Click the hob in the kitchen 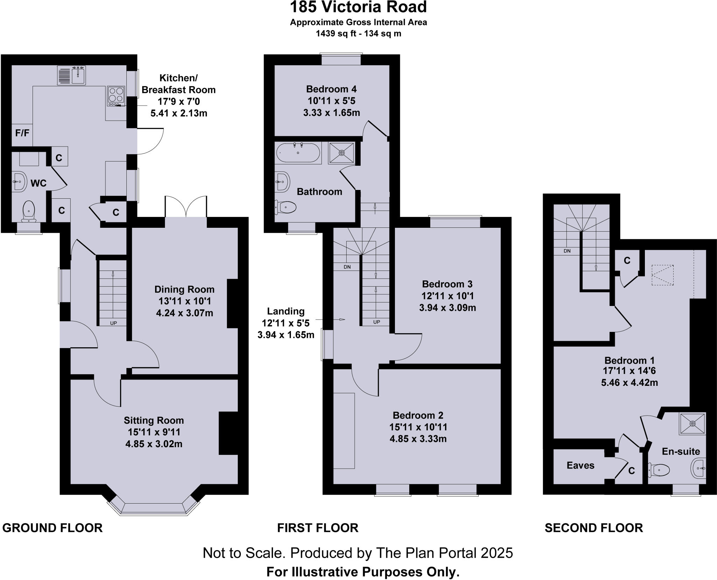116,95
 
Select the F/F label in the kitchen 22,133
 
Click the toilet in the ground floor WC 28,212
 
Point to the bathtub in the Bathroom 298,153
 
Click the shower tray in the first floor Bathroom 341,153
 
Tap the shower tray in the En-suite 692,424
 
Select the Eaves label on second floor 580,465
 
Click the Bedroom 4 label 331,89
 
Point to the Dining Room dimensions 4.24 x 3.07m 184,313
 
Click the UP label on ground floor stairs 113,323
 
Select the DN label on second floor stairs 567,251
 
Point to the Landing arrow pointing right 341,320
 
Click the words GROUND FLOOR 52,528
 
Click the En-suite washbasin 699,468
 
